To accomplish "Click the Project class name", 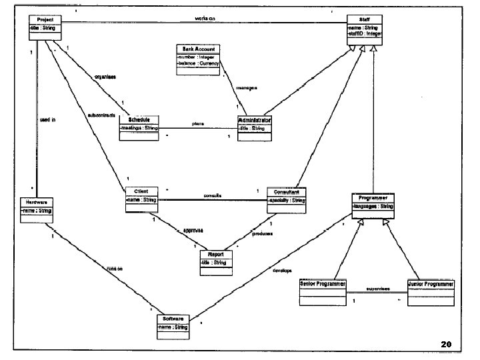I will (45, 20).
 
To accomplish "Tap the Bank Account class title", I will (198, 49).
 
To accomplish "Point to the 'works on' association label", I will (205, 18).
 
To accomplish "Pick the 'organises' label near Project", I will (106, 77).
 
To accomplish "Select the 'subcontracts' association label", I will (101, 115).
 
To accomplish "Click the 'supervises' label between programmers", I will (377, 289).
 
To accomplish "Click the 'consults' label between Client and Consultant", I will (213, 195).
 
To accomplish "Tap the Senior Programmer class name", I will (323, 284).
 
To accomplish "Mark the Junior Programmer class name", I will (431, 284).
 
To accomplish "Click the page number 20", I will (446, 344).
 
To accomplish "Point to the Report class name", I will (215, 255).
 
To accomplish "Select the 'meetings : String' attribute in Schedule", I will (139, 127).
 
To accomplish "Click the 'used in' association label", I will (47, 120).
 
